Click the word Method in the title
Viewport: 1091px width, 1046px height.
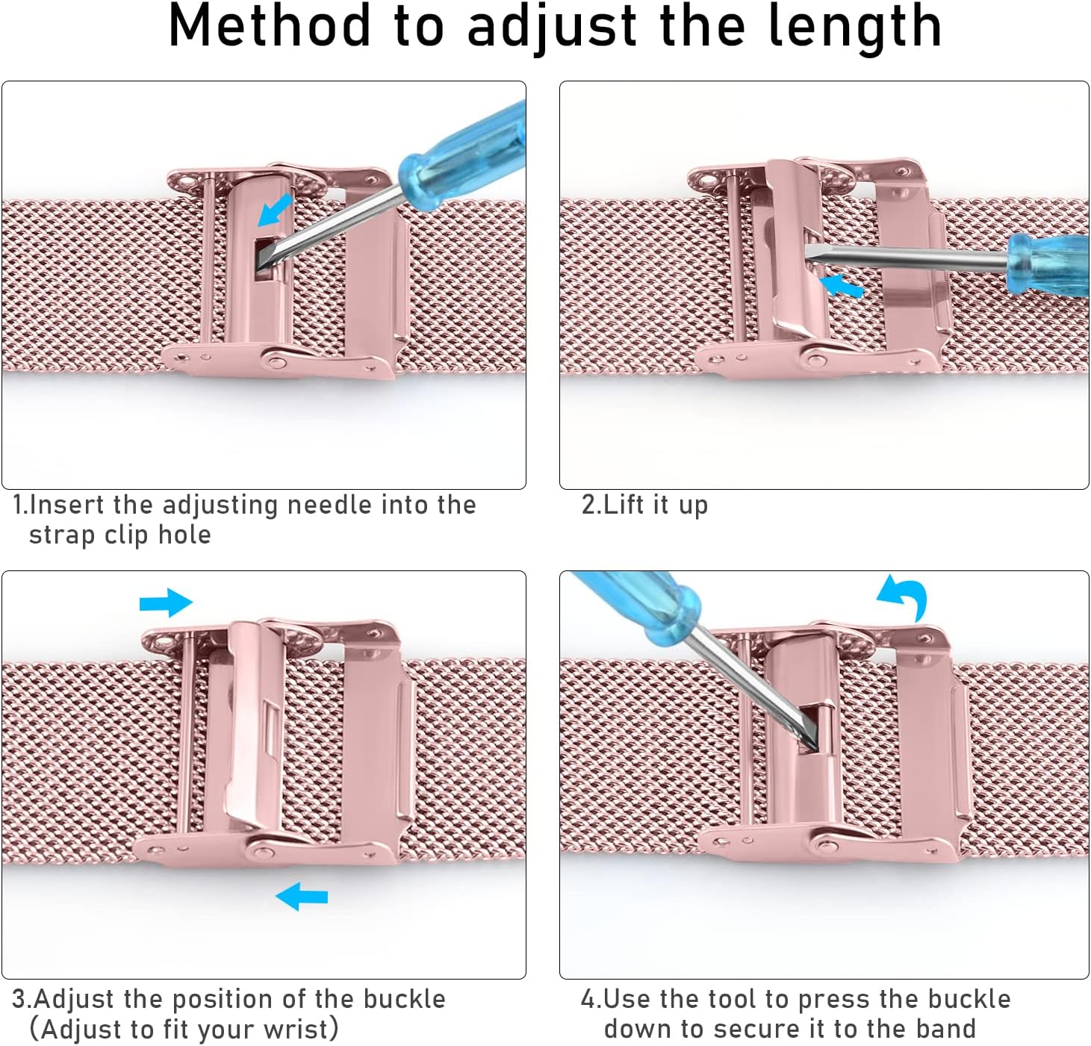269,26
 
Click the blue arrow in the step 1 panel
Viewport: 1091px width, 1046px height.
275,210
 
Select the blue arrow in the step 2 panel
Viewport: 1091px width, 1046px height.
841,285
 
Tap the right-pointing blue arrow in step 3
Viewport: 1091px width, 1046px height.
166,603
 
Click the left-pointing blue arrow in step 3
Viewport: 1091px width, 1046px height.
302,897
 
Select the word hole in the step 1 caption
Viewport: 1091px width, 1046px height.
184,535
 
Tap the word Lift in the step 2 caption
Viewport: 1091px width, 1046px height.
624,504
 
